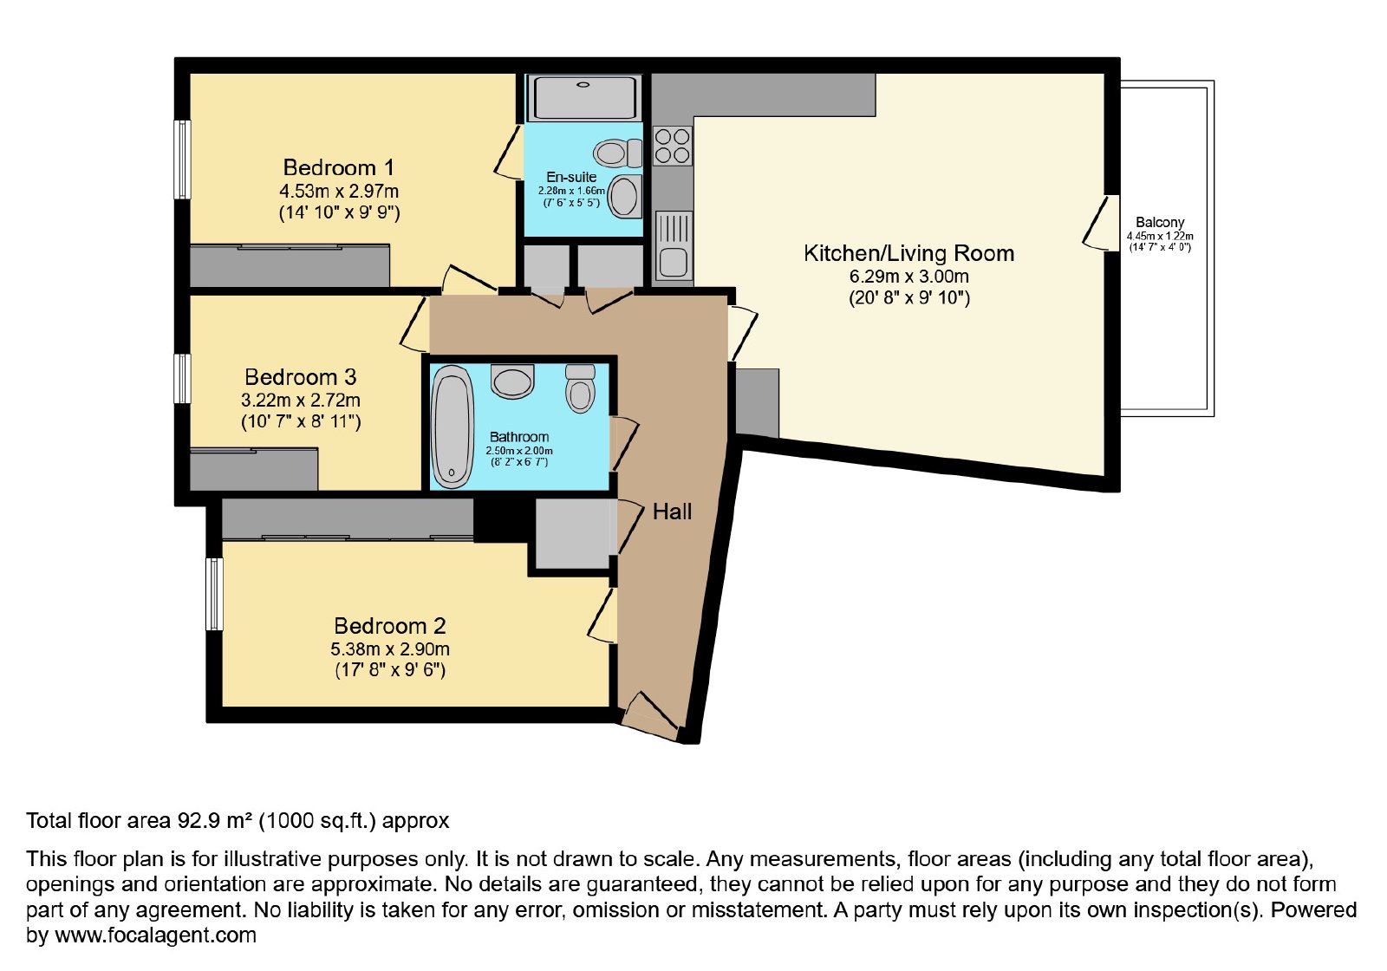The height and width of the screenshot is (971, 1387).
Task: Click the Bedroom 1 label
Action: pos(338,168)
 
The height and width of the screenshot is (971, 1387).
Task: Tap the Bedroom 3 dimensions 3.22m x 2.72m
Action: pos(301,400)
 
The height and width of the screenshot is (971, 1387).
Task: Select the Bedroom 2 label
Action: pos(390,626)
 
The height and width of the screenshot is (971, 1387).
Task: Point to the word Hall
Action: pos(673,512)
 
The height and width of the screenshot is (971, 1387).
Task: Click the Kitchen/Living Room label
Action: pos(909,253)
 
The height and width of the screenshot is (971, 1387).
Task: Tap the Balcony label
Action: pos(1160,222)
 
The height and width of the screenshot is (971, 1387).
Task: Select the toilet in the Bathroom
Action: pos(580,388)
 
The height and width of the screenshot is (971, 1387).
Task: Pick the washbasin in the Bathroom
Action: pos(512,381)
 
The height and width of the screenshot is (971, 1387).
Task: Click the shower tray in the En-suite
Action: pos(584,97)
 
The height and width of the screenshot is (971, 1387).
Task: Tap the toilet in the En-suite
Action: pos(617,153)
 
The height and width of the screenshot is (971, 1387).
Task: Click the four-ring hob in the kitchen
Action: pos(673,146)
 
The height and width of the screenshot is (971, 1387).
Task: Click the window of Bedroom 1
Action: pos(182,160)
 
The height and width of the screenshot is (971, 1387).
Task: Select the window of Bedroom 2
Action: pos(214,594)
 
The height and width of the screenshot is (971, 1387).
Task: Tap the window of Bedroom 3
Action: pos(182,378)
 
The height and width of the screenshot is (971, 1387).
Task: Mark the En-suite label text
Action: pos(571,177)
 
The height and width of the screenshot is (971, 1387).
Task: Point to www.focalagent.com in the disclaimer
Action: pos(155,935)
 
